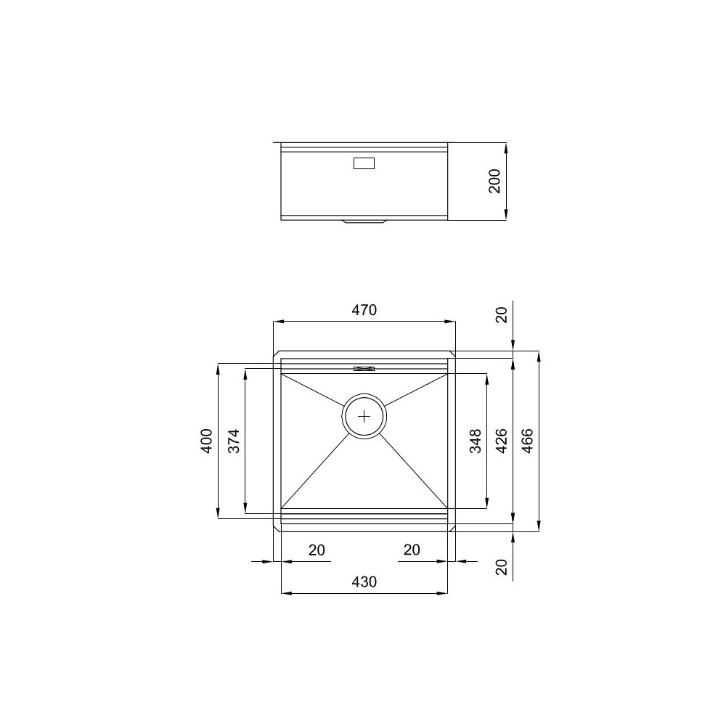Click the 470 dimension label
(x=364, y=310)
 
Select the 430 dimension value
(x=364, y=582)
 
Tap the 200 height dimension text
(x=495, y=181)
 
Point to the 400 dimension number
(x=207, y=441)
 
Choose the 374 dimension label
(x=234, y=441)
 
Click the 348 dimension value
(x=476, y=441)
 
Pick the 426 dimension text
(x=502, y=441)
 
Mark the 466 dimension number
(x=528, y=441)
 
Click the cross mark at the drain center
(x=364, y=416)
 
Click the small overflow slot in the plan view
(x=364, y=369)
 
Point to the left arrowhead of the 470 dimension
(x=277, y=322)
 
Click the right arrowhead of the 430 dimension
(x=443, y=594)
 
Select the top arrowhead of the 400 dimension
(x=219, y=367)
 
